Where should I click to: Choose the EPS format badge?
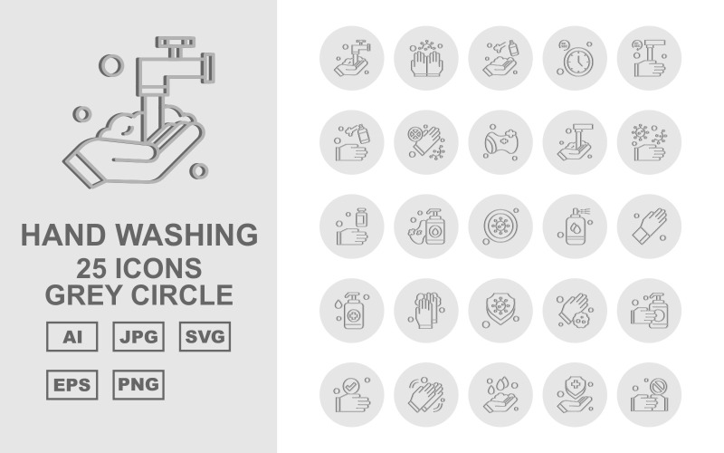71,384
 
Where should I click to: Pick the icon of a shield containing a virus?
500,309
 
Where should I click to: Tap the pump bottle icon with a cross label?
352,309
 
